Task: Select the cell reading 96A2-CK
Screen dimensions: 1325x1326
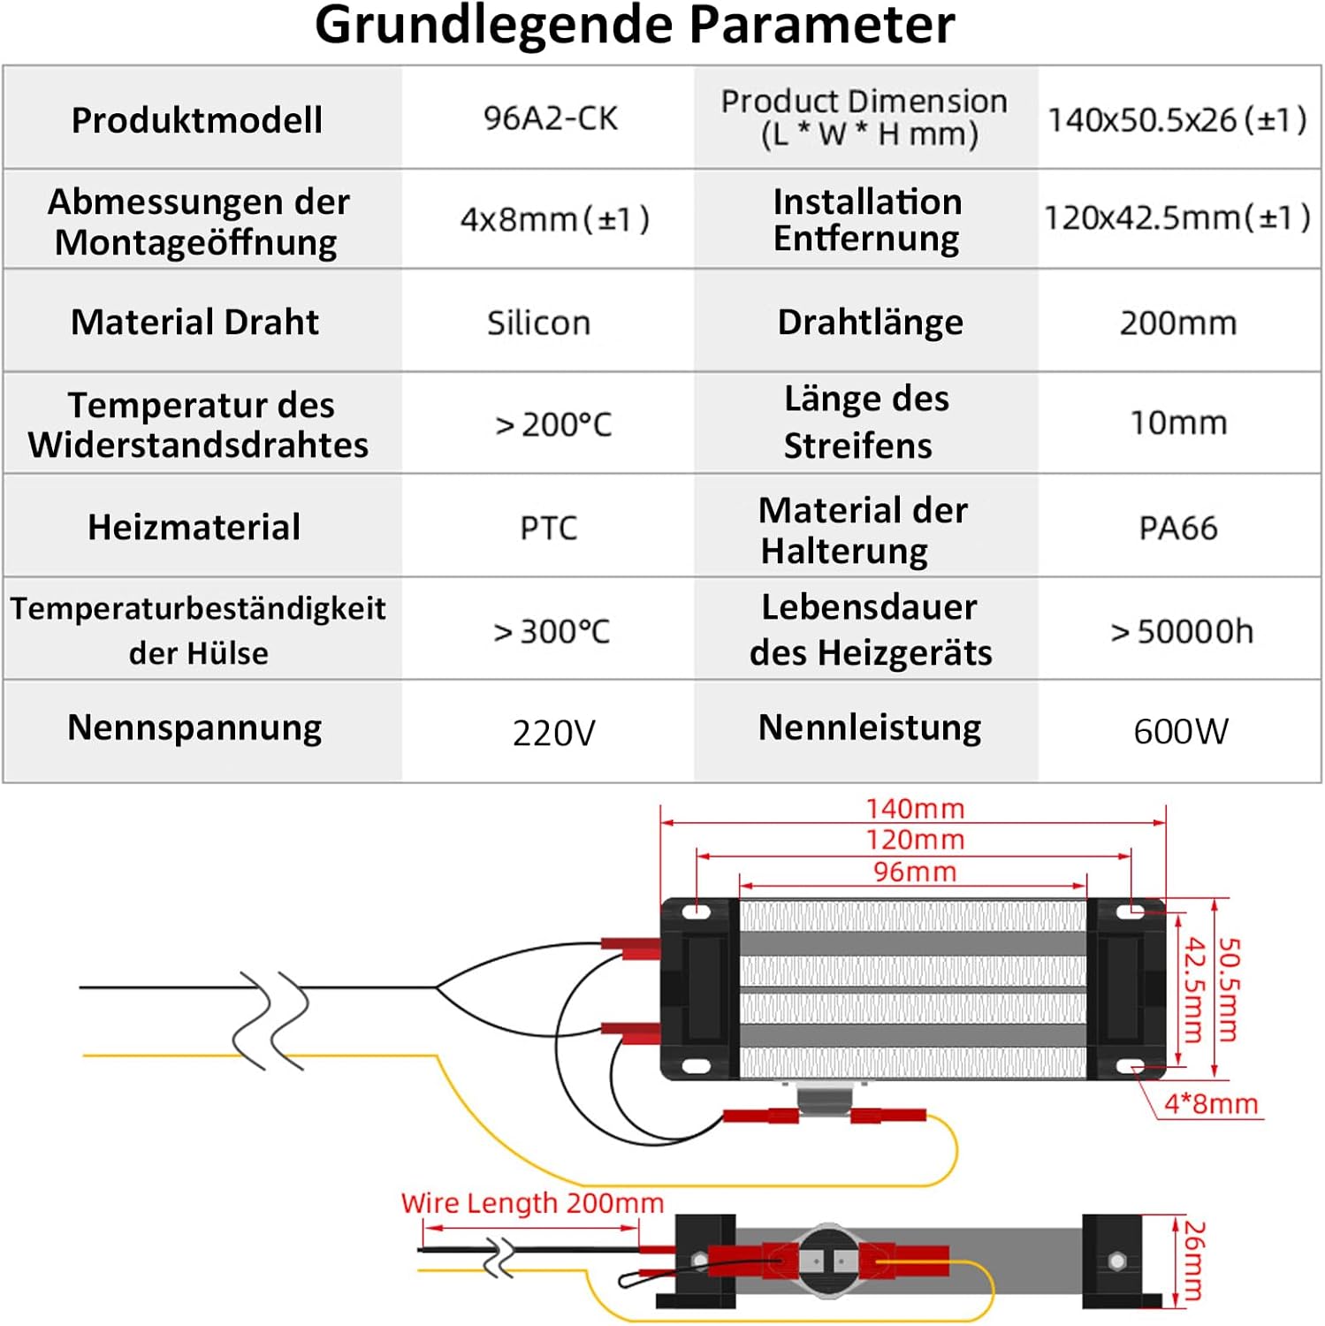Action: (x=550, y=118)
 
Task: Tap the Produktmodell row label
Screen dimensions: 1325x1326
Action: (x=196, y=120)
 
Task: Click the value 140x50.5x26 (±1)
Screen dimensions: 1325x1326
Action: (x=1177, y=119)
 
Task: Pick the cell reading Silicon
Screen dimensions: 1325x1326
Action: (x=538, y=323)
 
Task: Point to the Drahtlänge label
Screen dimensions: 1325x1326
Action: (x=870, y=322)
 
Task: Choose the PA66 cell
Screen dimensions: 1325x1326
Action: (x=1178, y=528)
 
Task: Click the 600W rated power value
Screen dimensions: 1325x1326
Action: (x=1181, y=731)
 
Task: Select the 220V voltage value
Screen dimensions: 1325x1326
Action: (x=554, y=733)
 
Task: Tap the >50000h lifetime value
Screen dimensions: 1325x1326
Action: (x=1182, y=631)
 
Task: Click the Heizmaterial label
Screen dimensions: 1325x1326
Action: (x=194, y=527)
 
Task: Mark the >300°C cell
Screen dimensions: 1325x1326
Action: (x=552, y=631)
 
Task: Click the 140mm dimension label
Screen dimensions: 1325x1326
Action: (x=915, y=808)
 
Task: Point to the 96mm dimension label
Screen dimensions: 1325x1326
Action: (x=915, y=872)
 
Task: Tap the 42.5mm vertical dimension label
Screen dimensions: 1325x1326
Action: (x=1194, y=990)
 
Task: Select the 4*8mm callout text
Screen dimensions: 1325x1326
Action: (x=1210, y=1103)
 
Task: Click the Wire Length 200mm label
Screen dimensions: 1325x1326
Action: (x=532, y=1203)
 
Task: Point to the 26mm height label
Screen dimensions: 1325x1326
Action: (x=1194, y=1261)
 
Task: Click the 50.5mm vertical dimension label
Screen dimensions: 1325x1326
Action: (x=1230, y=990)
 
